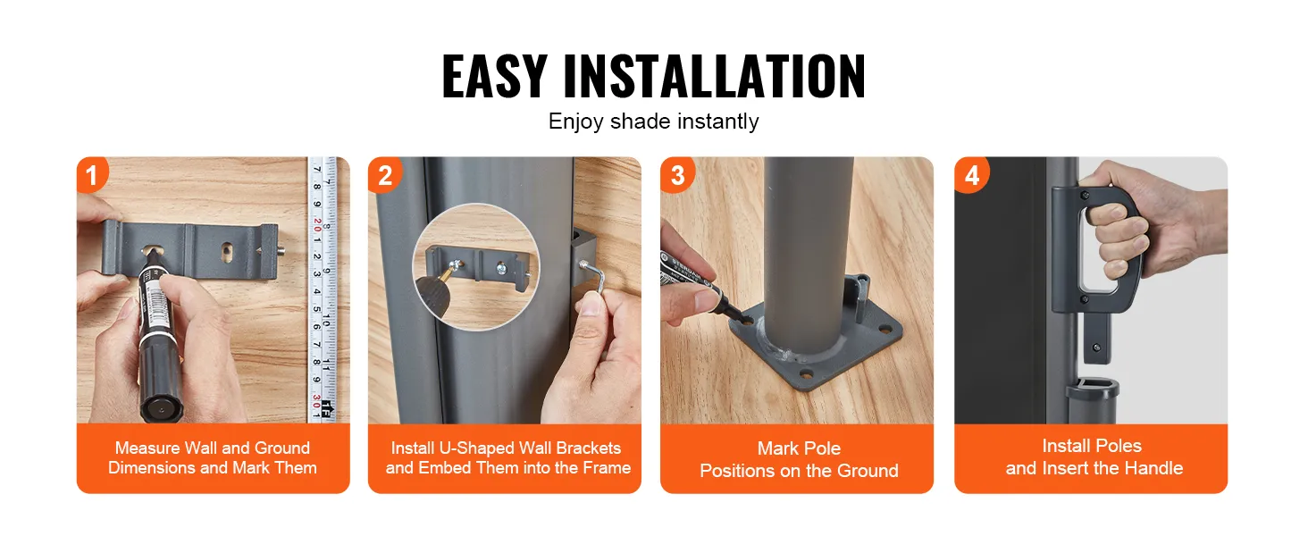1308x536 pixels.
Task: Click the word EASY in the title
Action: pyautogui.click(x=494, y=76)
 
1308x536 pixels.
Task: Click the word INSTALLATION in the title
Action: pyautogui.click(x=714, y=76)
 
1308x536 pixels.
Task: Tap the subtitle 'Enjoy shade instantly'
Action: pyautogui.click(x=653, y=121)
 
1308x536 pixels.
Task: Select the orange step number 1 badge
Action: pyautogui.click(x=92, y=174)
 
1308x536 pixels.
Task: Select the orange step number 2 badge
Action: pyautogui.click(x=385, y=174)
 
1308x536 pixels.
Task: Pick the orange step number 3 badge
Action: pyautogui.click(x=677, y=174)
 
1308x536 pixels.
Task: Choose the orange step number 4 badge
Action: pyautogui.click(x=972, y=174)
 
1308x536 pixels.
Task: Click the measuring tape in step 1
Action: pyautogui.click(x=323, y=289)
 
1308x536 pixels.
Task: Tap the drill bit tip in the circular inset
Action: pyautogui.click(x=454, y=266)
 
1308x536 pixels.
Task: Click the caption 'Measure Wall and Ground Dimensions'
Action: pyautogui.click(x=213, y=457)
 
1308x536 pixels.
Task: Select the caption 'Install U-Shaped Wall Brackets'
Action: pyautogui.click(x=506, y=448)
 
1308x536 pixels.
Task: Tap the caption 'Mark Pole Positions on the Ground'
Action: pyautogui.click(x=799, y=459)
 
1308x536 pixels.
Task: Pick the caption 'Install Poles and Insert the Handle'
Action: pyautogui.click(x=1094, y=457)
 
